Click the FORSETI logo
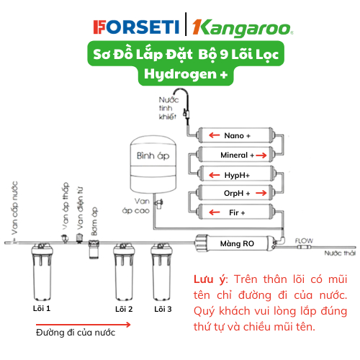point(136,27)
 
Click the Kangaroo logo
point(243,27)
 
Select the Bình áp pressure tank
point(153,165)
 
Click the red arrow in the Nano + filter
point(215,135)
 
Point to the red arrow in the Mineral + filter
point(261,156)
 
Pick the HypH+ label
point(237,175)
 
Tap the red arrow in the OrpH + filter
point(261,193)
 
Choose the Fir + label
point(237,212)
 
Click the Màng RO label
point(237,243)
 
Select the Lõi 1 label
point(42,308)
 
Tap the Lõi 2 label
point(124,309)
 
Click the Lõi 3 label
point(163,309)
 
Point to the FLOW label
point(304,240)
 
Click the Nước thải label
point(340,253)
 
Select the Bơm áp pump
point(94,250)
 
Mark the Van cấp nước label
point(14,208)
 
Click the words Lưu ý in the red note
point(210,279)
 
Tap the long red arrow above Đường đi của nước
point(84,325)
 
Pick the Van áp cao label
point(136,206)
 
